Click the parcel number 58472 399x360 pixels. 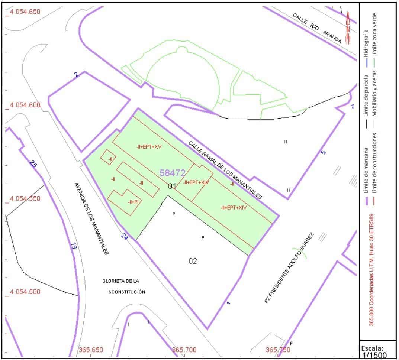[x=172, y=173]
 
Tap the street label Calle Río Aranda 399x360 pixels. [x=317, y=29]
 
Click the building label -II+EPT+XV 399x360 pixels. [x=149, y=147]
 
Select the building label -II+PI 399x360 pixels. [x=132, y=202]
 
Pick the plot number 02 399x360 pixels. [x=193, y=261]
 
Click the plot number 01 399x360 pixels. [x=172, y=186]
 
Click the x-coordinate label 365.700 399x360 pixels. [x=184, y=350]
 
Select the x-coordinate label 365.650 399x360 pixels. [x=91, y=350]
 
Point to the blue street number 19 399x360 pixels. [x=73, y=246]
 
